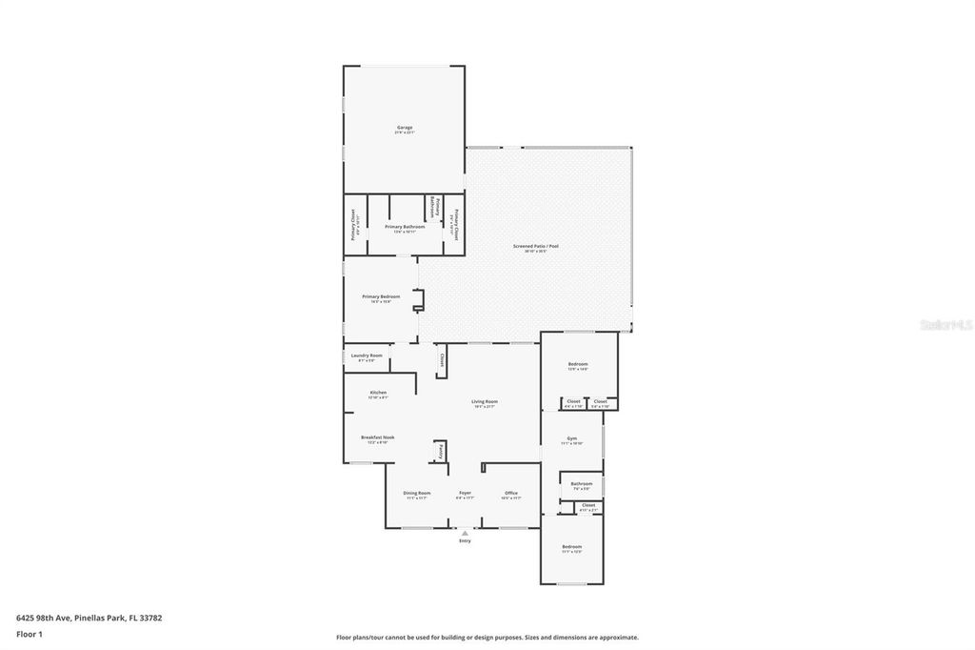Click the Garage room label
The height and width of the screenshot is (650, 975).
[x=405, y=128]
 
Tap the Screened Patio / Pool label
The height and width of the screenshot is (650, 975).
[x=535, y=247]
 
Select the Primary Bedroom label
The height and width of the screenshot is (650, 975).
[x=381, y=297]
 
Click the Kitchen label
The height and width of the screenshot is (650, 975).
[x=378, y=393]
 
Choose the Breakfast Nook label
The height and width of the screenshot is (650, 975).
[x=377, y=437]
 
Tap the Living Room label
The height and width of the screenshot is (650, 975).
[x=485, y=402]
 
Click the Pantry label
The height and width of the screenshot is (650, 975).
[x=441, y=451]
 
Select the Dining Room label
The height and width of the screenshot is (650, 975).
[x=417, y=493]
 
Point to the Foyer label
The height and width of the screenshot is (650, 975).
[x=465, y=493]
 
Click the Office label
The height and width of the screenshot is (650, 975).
[x=511, y=493]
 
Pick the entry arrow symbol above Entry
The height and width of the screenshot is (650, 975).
[x=465, y=533]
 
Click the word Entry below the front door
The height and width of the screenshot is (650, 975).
[x=465, y=541]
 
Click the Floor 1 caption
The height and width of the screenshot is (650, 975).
[x=30, y=634]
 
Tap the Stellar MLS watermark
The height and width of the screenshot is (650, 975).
[x=946, y=325]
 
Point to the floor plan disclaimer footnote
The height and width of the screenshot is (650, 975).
[x=487, y=638]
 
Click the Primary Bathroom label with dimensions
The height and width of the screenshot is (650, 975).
[x=405, y=227]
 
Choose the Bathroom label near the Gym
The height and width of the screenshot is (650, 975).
[x=582, y=484]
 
